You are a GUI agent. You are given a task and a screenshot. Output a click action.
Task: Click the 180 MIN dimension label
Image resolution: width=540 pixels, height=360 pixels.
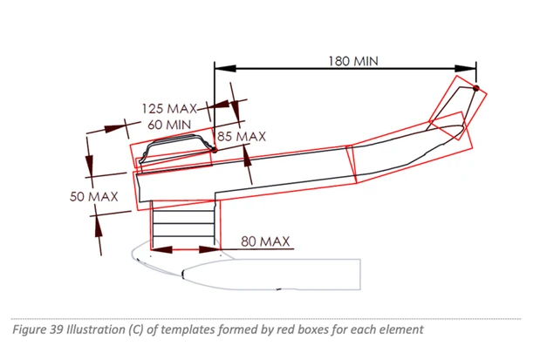[x=353, y=61]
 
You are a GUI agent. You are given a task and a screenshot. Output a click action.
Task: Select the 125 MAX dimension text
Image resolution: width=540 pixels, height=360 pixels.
[x=169, y=109]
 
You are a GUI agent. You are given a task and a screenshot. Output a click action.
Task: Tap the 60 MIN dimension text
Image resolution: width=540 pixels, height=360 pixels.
[x=169, y=125]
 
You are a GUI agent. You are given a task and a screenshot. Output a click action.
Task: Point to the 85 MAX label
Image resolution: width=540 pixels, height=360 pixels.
[x=242, y=137]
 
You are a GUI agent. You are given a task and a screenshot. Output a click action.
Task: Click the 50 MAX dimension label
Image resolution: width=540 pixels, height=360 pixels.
[x=93, y=197]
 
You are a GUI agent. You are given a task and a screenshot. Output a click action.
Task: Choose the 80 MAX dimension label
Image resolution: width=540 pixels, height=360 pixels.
[x=265, y=241]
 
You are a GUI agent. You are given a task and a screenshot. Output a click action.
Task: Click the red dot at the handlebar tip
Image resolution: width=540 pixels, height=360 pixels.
[x=476, y=88]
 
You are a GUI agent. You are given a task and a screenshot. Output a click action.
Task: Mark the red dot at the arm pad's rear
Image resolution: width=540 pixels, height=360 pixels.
[x=215, y=150]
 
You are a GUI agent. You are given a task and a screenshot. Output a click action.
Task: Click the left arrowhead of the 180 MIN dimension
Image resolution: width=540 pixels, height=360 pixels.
[x=225, y=69]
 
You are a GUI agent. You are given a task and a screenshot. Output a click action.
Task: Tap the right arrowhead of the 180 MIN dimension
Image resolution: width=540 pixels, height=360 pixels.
[x=466, y=69]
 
